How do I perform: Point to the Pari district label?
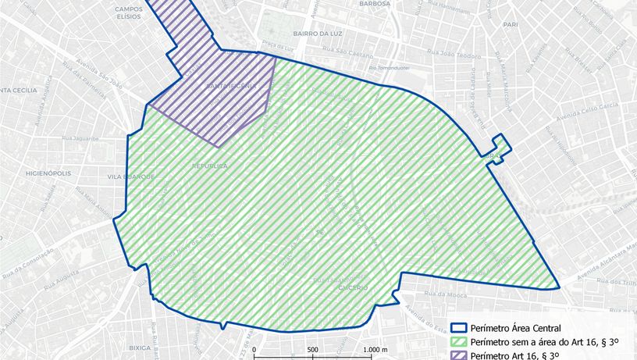511,25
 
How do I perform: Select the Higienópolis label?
48,151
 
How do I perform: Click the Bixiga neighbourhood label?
140,347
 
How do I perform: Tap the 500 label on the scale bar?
311,349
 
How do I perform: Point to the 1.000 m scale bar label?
375,349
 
